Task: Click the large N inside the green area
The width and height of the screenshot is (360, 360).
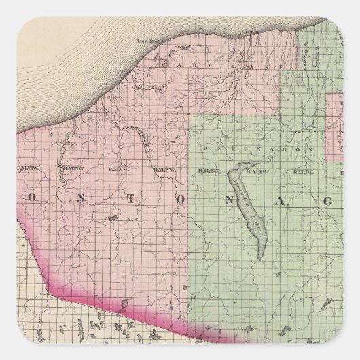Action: [238, 197]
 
